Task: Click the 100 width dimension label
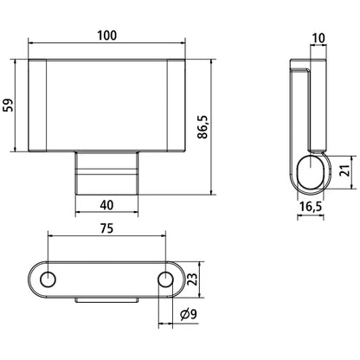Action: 106,35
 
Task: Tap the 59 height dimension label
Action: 9,106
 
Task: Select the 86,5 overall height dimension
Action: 202,127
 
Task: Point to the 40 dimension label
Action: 106,205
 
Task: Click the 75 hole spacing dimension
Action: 106,228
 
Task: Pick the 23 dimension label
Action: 192,280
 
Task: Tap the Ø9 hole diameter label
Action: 188,314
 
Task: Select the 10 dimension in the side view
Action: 318,38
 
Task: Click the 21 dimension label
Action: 344,170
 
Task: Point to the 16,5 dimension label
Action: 311,207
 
